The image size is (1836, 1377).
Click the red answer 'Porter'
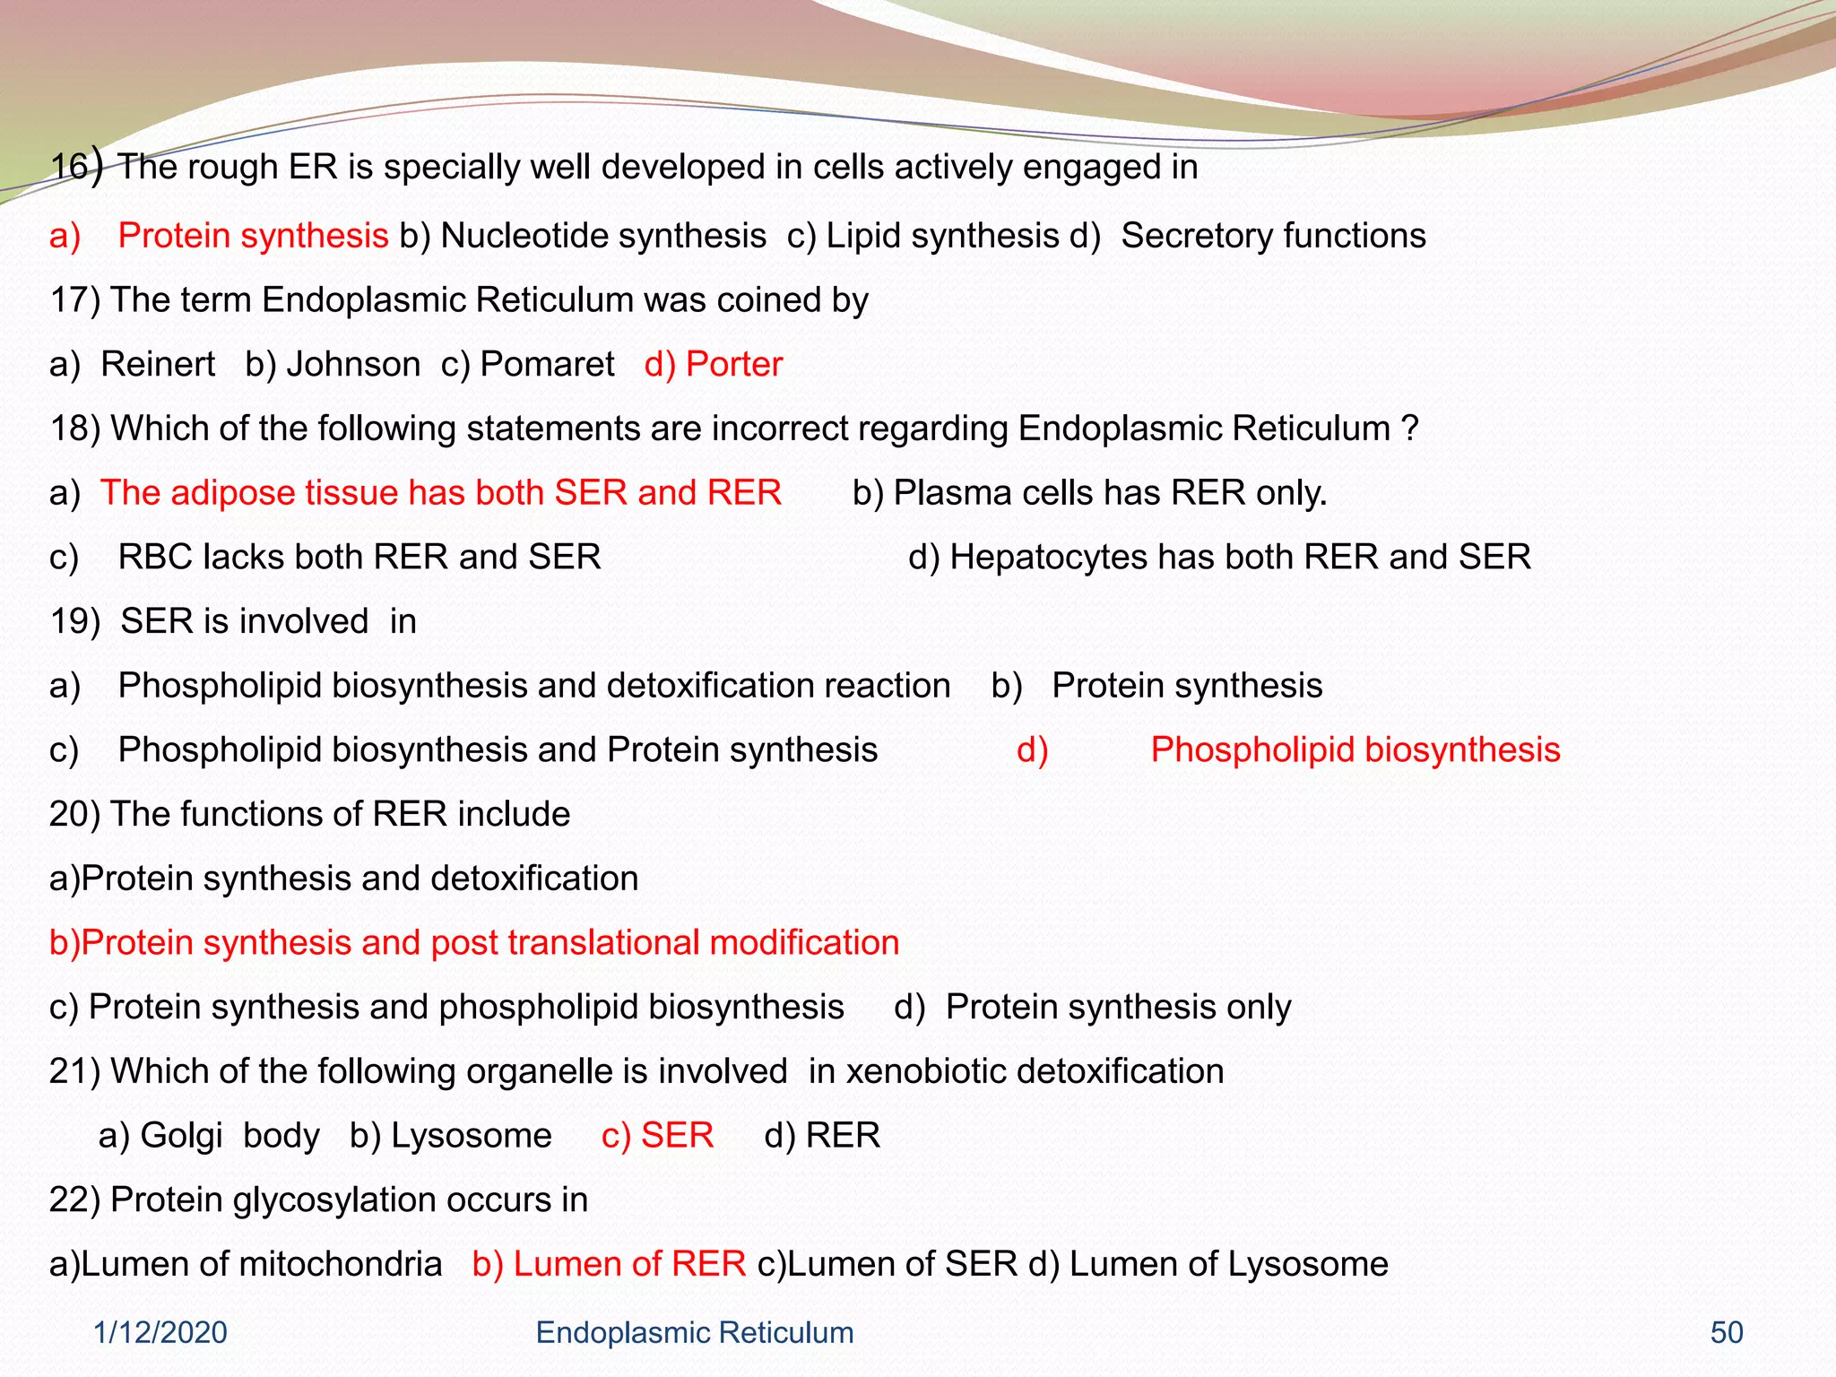(733, 365)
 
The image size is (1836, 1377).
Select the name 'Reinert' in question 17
(158, 365)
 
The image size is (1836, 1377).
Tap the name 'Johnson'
(353, 365)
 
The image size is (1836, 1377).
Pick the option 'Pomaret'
(547, 365)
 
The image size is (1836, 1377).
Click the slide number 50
(1727, 1333)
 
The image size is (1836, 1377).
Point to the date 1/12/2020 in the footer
(160, 1333)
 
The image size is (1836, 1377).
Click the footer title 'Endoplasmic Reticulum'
(694, 1333)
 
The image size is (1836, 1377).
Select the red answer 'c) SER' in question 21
(657, 1136)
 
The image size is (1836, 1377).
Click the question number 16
(69, 168)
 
